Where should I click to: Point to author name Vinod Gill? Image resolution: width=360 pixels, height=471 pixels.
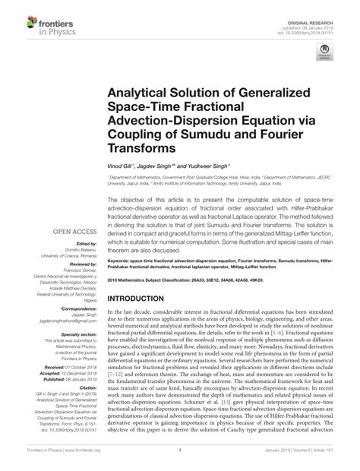click(x=121, y=165)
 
